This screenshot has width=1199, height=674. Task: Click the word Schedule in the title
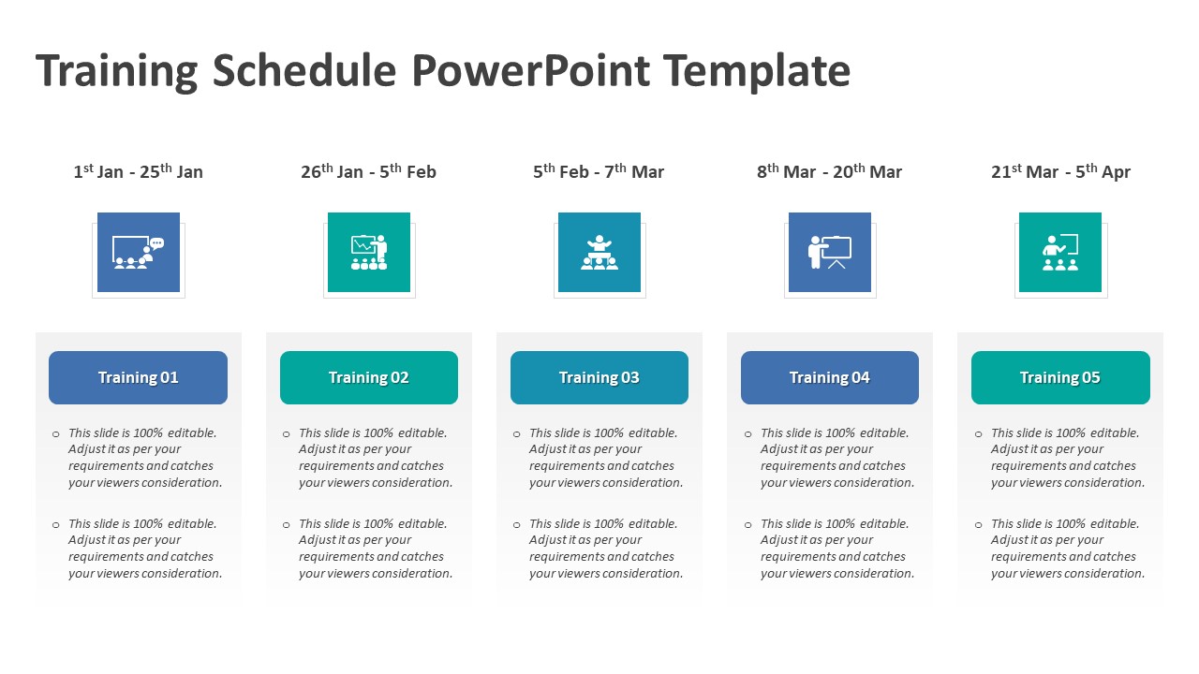coord(304,71)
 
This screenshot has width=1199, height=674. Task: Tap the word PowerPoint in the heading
coord(529,71)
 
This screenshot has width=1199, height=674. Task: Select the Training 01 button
coord(138,378)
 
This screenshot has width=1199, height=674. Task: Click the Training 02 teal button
coord(368,378)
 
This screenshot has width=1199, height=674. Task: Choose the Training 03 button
coord(599,378)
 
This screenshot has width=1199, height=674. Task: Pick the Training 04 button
coord(829,378)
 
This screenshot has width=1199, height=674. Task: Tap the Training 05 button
coord(1059,378)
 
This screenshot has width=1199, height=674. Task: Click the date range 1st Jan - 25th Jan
coord(138,171)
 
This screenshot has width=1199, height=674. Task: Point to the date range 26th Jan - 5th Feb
coord(368,171)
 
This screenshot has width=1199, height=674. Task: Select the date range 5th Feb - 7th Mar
coord(599,171)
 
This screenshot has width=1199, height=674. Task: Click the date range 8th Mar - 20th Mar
coord(829,171)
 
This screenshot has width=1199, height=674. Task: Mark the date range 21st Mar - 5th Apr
coord(1060,171)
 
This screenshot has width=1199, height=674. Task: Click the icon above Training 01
coord(138,253)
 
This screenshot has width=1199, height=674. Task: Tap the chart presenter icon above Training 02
coord(368,253)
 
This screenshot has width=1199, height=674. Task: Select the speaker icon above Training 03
coord(599,253)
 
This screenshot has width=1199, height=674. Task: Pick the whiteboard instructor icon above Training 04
coord(829,253)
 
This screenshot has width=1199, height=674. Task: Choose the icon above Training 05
coord(1059,253)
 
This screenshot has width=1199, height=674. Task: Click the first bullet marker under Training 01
coord(56,434)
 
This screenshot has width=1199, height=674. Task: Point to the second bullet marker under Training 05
coord(979,525)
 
